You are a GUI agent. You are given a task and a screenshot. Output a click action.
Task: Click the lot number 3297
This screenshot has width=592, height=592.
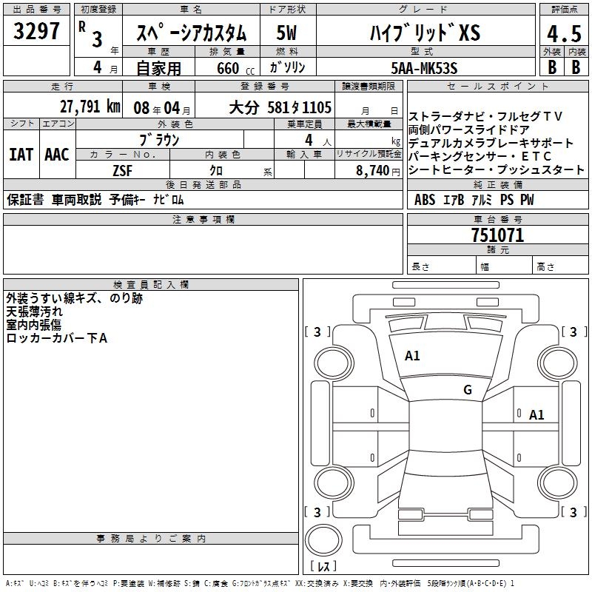pyautogui.click(x=36, y=31)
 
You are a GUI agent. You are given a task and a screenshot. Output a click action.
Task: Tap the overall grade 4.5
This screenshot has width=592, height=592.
pyautogui.click(x=564, y=33)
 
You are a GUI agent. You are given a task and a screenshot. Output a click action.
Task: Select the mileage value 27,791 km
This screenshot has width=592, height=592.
pyautogui.click(x=90, y=107)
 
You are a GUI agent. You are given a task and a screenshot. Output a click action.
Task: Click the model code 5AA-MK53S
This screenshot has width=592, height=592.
pyautogui.click(x=424, y=68)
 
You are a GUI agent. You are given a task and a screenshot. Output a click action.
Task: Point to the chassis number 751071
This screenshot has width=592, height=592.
pyautogui.click(x=497, y=235)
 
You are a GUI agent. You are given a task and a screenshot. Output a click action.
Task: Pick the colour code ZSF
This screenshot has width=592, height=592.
pyautogui.click(x=123, y=171)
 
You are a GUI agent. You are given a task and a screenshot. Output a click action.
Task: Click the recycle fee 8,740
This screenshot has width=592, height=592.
pyautogui.click(x=373, y=171)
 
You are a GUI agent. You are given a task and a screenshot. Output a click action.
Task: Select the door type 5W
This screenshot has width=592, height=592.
pyautogui.click(x=286, y=33)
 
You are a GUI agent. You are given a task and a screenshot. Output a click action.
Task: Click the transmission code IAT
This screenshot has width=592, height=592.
pyautogui.click(x=21, y=155)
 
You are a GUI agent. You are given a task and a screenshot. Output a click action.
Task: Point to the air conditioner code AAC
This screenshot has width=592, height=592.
pyautogui.click(x=57, y=155)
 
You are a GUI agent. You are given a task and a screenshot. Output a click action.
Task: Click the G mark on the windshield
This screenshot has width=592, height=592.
pyautogui.click(x=468, y=389)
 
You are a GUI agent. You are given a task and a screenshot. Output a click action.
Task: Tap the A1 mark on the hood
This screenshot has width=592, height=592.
pyautogui.click(x=412, y=356)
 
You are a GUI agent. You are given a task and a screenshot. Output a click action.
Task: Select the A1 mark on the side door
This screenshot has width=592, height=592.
pyautogui.click(x=536, y=415)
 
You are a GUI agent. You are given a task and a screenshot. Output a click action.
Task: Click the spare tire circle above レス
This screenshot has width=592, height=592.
pyautogui.click(x=323, y=540)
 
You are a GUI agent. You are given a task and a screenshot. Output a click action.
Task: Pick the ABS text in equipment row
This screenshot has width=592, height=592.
pyautogui.click(x=425, y=199)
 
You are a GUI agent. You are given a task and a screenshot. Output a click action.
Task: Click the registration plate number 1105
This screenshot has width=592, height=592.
pyautogui.click(x=317, y=107)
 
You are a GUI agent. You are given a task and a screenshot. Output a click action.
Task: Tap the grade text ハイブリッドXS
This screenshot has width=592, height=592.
pyautogui.click(x=425, y=33)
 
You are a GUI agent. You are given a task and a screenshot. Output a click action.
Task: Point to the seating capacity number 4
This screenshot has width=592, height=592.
pyautogui.click(x=309, y=140)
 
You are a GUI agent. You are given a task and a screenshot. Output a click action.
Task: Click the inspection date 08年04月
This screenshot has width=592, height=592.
pyautogui.click(x=162, y=108)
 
